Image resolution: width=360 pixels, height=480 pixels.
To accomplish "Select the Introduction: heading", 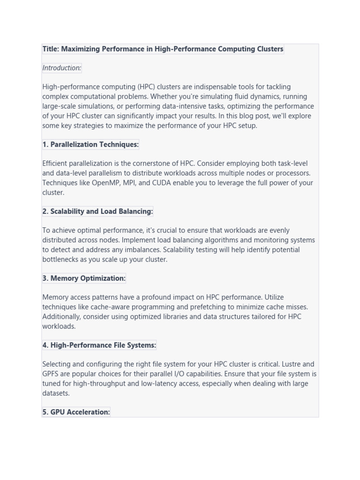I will [x=62, y=68].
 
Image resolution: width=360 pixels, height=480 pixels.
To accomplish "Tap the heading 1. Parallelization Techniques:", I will [x=90, y=144].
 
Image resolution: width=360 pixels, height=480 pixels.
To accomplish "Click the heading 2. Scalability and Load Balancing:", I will [x=97, y=211].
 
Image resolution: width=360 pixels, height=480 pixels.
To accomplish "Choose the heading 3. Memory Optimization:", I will [x=84, y=278].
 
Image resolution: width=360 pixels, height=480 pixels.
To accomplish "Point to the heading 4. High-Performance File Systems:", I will [x=99, y=345].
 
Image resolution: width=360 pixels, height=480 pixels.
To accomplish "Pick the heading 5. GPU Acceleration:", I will [x=76, y=412].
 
